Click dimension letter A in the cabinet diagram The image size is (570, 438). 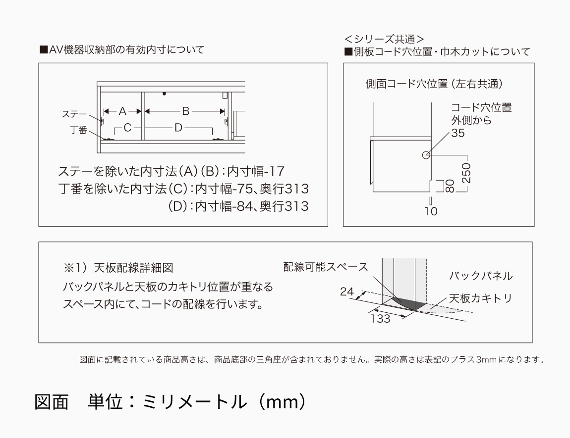(123, 111)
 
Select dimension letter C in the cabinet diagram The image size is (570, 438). (127, 128)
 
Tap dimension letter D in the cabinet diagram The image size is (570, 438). (178, 128)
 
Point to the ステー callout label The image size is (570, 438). (74, 114)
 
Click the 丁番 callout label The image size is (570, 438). (78, 130)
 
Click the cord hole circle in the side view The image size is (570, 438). (426, 155)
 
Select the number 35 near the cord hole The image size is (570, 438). (458, 133)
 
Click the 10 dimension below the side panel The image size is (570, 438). (431, 211)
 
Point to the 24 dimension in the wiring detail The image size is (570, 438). (347, 292)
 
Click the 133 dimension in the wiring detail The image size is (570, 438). (380, 319)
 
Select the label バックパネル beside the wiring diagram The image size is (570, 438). (481, 276)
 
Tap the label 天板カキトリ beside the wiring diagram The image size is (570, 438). (480, 298)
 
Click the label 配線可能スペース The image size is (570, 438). (326, 267)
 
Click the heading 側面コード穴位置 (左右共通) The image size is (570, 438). (434, 84)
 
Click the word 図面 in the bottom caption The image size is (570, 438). (52, 401)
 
